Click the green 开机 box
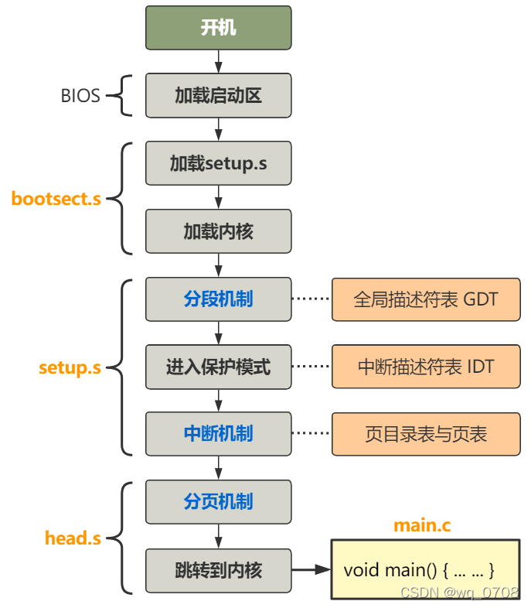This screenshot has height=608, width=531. [219, 29]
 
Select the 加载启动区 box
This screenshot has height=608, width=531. [219, 96]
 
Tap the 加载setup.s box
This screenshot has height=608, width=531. [219, 164]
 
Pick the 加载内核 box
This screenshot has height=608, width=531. [219, 231]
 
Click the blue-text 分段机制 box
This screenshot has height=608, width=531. [219, 299]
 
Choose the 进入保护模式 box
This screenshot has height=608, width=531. [219, 367]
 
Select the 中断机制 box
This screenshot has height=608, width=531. [219, 434]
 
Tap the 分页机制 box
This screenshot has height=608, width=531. [219, 502]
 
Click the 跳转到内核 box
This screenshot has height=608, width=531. [219, 571]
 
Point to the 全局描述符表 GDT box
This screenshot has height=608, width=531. [426, 299]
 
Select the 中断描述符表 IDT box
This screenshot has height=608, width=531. [426, 367]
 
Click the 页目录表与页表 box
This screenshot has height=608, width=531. [426, 434]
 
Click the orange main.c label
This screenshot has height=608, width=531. [422, 525]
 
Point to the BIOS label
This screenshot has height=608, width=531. [80, 96]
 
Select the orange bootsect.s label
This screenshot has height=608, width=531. [56, 199]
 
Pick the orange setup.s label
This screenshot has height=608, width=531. [70, 367]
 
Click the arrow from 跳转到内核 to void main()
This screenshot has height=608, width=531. [311, 571]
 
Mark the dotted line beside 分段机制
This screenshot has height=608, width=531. [311, 299]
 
